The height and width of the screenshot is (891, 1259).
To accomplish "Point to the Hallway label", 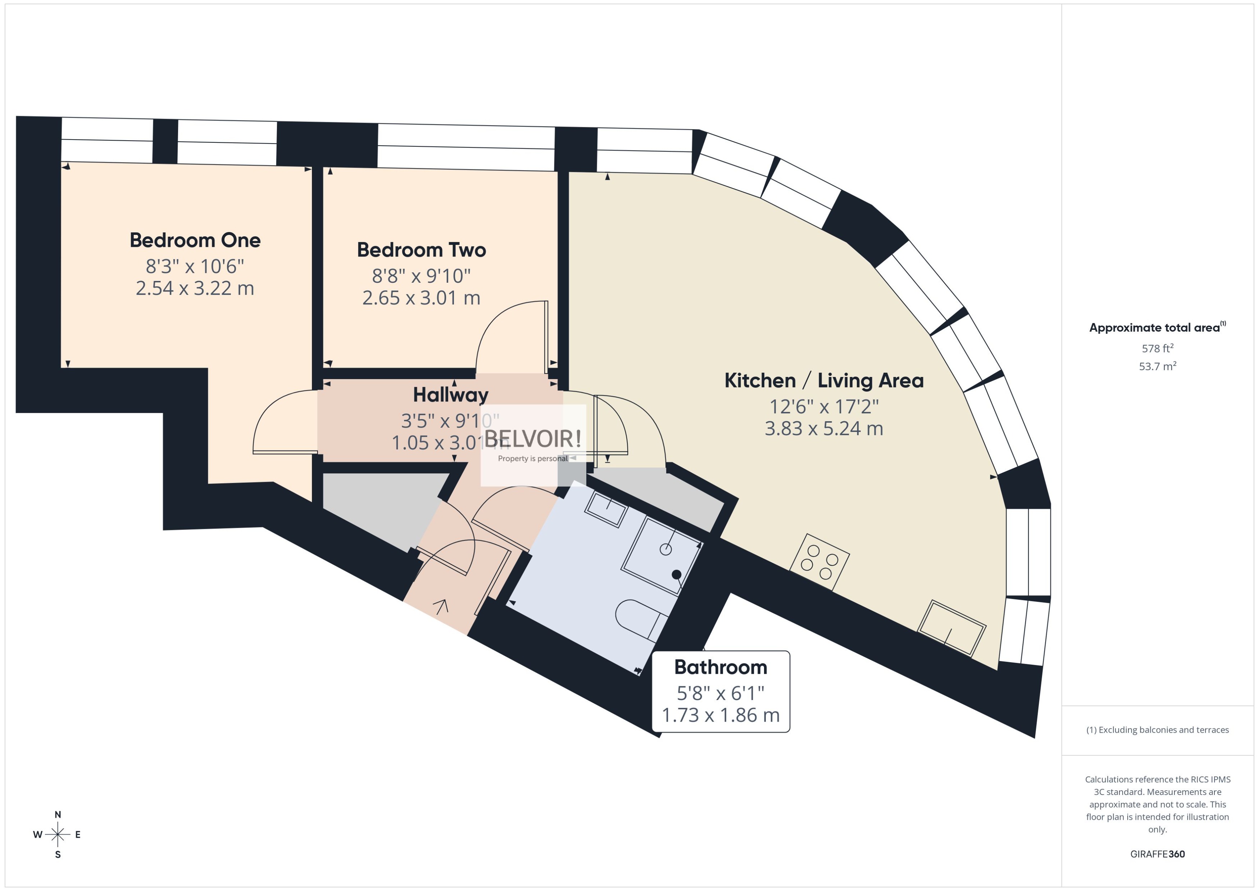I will click(450, 395).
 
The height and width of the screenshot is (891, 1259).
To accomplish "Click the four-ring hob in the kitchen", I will click(819, 562).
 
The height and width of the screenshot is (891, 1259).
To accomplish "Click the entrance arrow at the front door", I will click(441, 606).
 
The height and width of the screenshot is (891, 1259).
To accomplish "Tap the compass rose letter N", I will click(58, 815).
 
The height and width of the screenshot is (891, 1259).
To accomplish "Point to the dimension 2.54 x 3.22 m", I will click(195, 288).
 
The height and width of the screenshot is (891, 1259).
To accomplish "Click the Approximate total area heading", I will click(1154, 328).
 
